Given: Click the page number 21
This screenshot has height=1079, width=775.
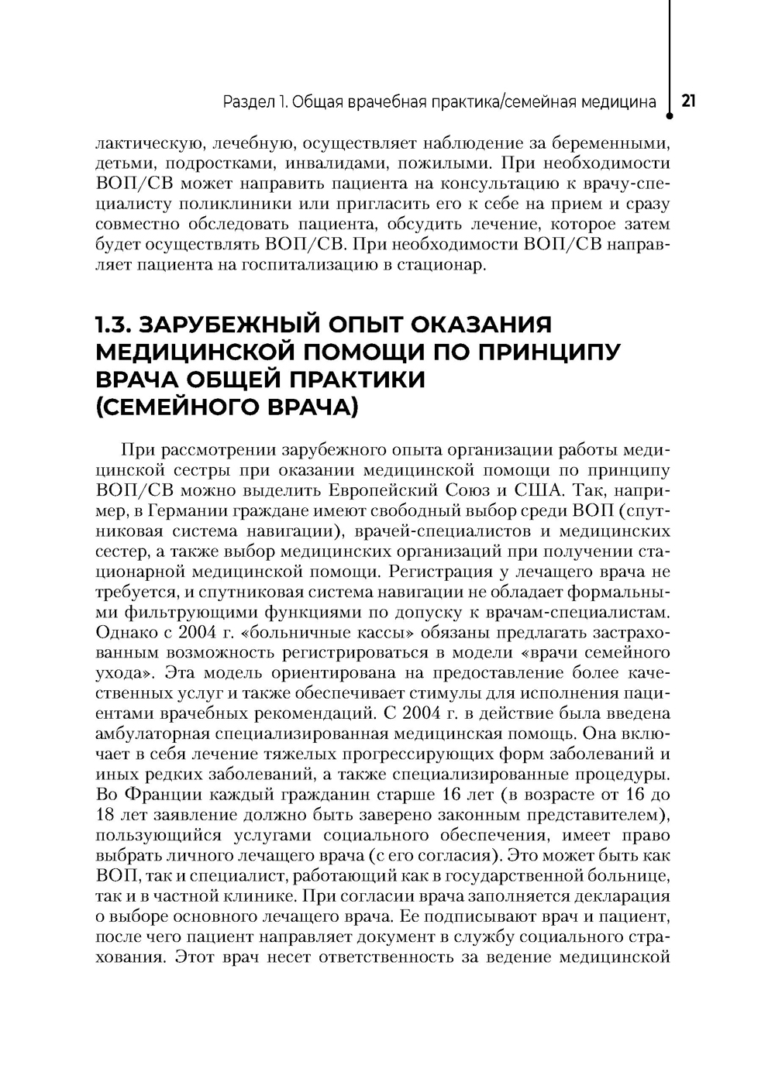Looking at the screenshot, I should click(688, 101).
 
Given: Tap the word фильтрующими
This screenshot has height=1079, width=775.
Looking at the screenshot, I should click(176, 613).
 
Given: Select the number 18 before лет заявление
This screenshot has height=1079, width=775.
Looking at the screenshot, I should click(105, 816).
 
